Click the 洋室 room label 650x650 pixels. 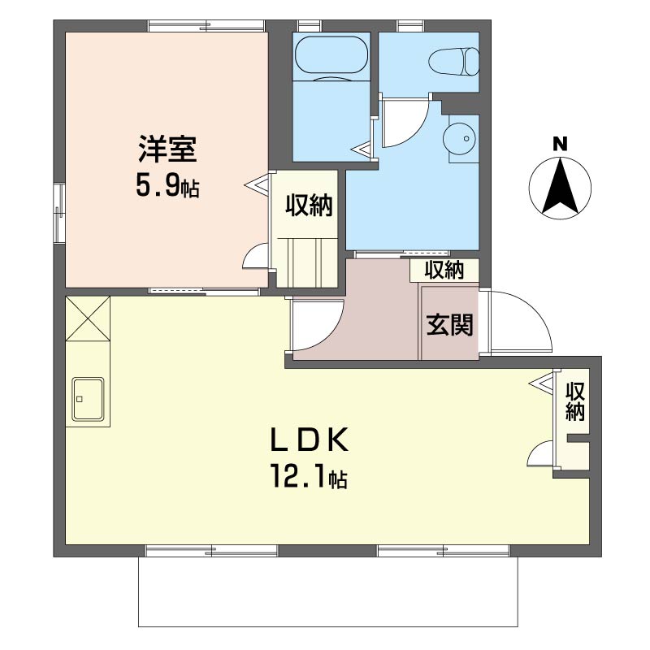(x=166, y=150)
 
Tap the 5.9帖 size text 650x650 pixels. (x=167, y=188)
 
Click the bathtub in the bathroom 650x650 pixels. (x=331, y=57)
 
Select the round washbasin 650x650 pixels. (x=459, y=139)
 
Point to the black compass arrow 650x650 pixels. (x=560, y=187)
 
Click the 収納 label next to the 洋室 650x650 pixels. (x=309, y=206)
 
